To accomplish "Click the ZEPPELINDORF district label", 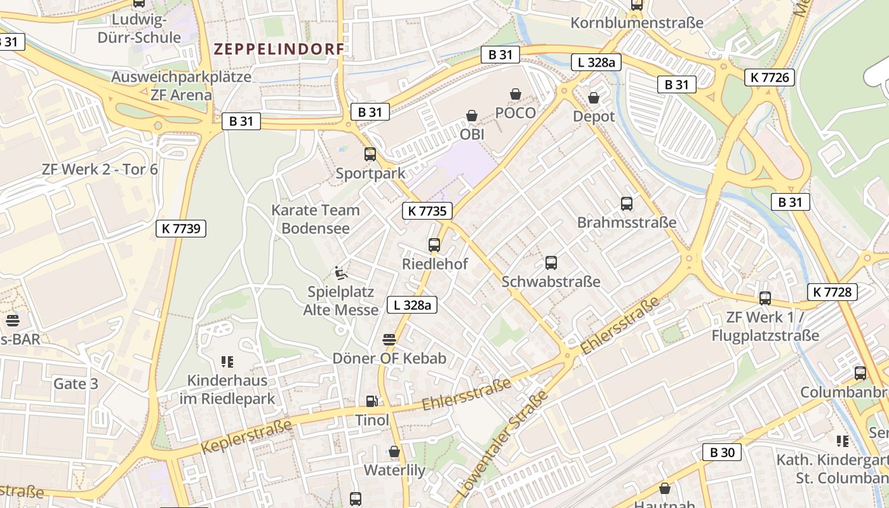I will point(279,49).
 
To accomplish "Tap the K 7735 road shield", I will point(427,211).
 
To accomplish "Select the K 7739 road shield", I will point(181,229).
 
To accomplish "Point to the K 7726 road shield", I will point(770,77).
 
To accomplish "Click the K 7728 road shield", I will point(832,292).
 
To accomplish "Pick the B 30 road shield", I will point(722,452).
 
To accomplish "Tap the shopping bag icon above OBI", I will point(472,116).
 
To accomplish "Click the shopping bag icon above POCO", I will point(516,94).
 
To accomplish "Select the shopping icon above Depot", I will point(594,98).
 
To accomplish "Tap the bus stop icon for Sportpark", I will point(370,154).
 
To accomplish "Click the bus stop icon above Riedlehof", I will point(434,244).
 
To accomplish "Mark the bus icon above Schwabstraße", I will point(551,262).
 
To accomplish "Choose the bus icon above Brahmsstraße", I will point(627,204).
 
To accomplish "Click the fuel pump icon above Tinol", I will point(371,401).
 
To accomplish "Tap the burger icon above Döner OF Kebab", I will point(389,340).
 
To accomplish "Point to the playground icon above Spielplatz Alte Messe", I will point(341,273).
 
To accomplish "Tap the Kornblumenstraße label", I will point(637,23).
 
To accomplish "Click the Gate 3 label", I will point(76,384).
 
